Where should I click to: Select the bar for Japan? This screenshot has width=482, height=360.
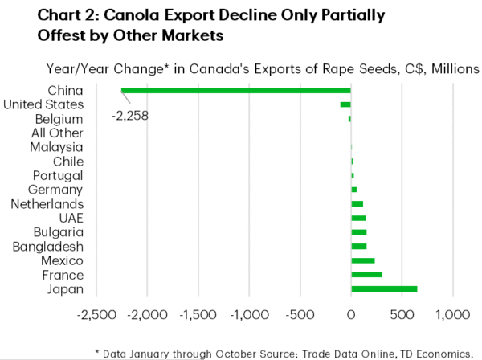tap(384, 288)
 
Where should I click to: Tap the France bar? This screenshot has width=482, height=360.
tap(366, 275)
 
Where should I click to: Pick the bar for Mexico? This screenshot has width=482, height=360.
tap(363, 260)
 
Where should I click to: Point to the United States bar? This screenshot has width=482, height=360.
tap(345, 104)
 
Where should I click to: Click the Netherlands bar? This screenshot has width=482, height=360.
tap(357, 204)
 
